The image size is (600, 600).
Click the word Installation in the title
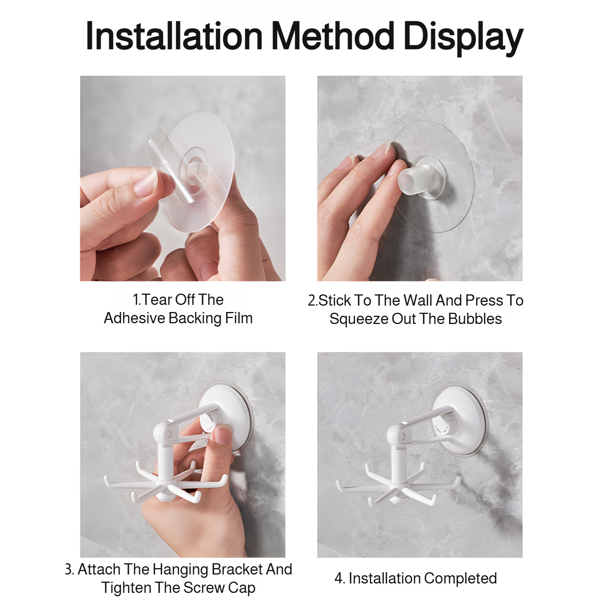coord(174,36)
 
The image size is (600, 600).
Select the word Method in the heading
coord(333,36)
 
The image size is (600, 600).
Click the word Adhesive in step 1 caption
coord(134,318)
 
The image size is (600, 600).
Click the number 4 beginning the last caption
coord(339,578)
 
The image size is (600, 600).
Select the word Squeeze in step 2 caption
coord(358,319)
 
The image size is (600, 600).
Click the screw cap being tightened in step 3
coord(207,423)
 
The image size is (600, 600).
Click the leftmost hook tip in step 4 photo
coord(339,485)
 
